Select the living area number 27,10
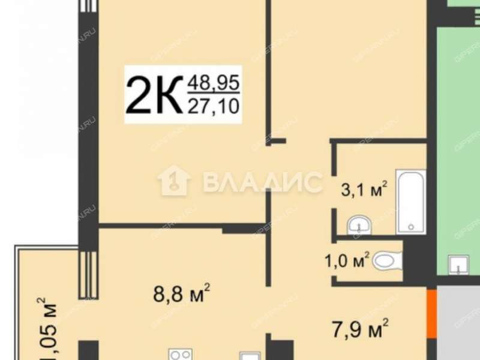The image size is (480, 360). point(214,107)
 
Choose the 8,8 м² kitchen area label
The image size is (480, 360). point(180,295)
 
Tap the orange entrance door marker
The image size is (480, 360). point(431,313)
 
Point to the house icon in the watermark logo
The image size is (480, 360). point(174,180)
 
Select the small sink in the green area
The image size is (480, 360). point(460,263)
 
